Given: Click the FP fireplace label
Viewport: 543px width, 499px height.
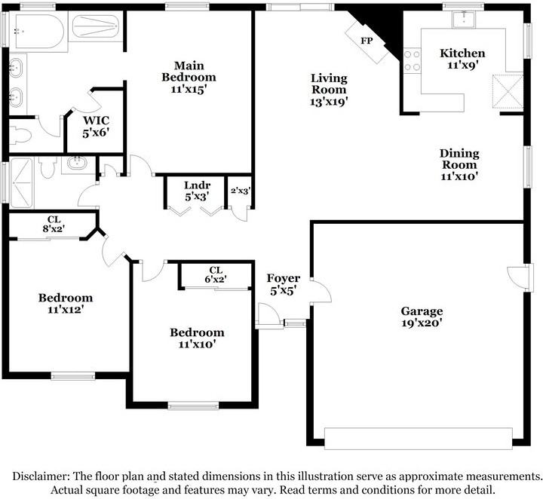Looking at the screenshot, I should point(367,40).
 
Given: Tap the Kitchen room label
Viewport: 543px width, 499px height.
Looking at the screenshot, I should point(462,54).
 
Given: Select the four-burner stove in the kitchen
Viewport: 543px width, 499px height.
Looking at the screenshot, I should point(412,60).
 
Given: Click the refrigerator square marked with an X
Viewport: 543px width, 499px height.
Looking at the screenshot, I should point(506,91).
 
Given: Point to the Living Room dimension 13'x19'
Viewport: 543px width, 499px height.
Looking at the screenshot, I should point(329,100).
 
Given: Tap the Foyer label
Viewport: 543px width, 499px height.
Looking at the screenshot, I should point(284,279).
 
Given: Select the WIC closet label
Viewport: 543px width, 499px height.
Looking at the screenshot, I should point(96,121).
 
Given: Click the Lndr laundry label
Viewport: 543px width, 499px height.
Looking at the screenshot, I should point(197,185).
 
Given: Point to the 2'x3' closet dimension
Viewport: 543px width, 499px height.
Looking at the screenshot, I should point(240,191).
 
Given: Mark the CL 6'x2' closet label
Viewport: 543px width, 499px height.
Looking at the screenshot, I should point(216,274).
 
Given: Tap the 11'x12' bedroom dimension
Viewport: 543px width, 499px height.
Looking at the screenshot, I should point(66,309).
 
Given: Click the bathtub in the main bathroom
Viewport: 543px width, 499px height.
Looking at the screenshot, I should point(38,31).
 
